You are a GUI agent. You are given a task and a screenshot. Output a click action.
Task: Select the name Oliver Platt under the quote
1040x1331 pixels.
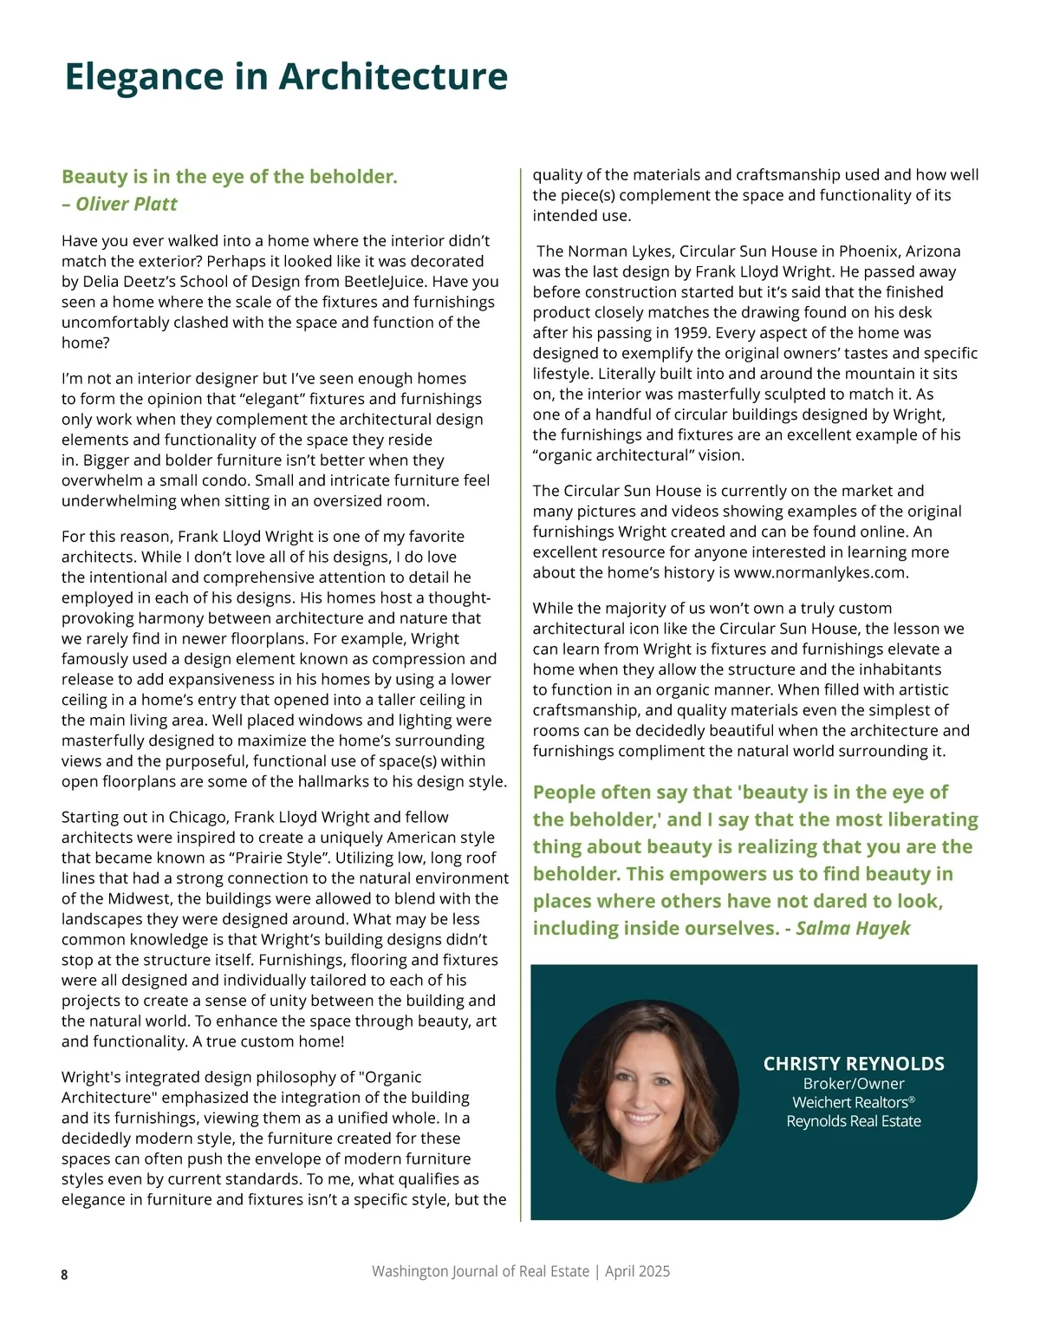(x=127, y=204)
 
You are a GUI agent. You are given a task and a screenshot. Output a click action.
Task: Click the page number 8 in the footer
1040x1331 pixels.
(x=64, y=1274)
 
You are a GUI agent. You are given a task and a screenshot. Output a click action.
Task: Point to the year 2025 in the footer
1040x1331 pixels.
(x=653, y=1271)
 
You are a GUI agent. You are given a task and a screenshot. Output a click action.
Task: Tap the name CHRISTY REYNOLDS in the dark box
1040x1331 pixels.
(x=854, y=1063)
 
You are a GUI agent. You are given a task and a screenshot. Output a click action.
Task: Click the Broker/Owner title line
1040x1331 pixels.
(x=854, y=1083)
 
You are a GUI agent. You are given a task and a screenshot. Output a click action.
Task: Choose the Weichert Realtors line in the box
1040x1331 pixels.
(x=854, y=1102)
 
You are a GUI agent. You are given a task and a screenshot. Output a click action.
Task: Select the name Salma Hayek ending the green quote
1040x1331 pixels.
(x=853, y=928)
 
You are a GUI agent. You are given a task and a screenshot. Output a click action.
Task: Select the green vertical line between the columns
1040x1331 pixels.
(x=521, y=694)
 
